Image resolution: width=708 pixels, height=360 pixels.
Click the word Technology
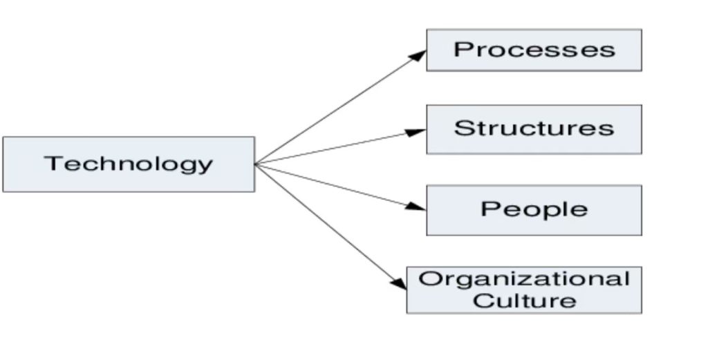(129, 164)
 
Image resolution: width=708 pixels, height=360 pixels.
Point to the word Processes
(534, 50)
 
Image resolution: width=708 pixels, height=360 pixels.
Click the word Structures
(534, 128)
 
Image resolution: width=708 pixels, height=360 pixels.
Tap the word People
(534, 209)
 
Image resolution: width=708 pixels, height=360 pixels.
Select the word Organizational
(524, 279)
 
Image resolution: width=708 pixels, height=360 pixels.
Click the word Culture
(524, 301)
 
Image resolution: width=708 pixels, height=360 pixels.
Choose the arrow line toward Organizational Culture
(328, 225)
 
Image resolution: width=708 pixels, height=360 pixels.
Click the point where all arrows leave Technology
(256, 164)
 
